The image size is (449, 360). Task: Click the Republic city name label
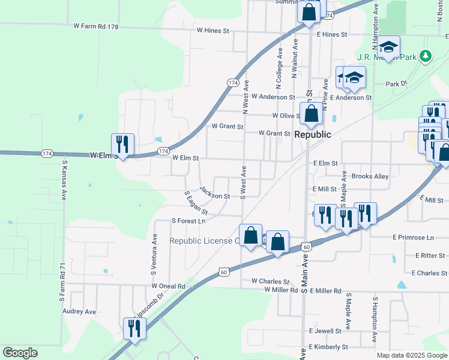click(312, 134)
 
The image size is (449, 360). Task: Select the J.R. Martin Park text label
click(387, 58)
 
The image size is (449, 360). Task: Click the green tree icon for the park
click(426, 56)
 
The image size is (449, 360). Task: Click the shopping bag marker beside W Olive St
click(311, 115)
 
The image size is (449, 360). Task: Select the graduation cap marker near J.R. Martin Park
click(388, 47)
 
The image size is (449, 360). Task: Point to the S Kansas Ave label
click(63, 180)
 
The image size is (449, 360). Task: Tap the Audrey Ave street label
click(79, 312)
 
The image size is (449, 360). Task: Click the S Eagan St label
click(196, 203)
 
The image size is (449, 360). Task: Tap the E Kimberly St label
click(328, 347)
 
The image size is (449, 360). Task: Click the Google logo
click(20, 352)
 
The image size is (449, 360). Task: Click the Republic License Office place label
click(204, 241)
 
